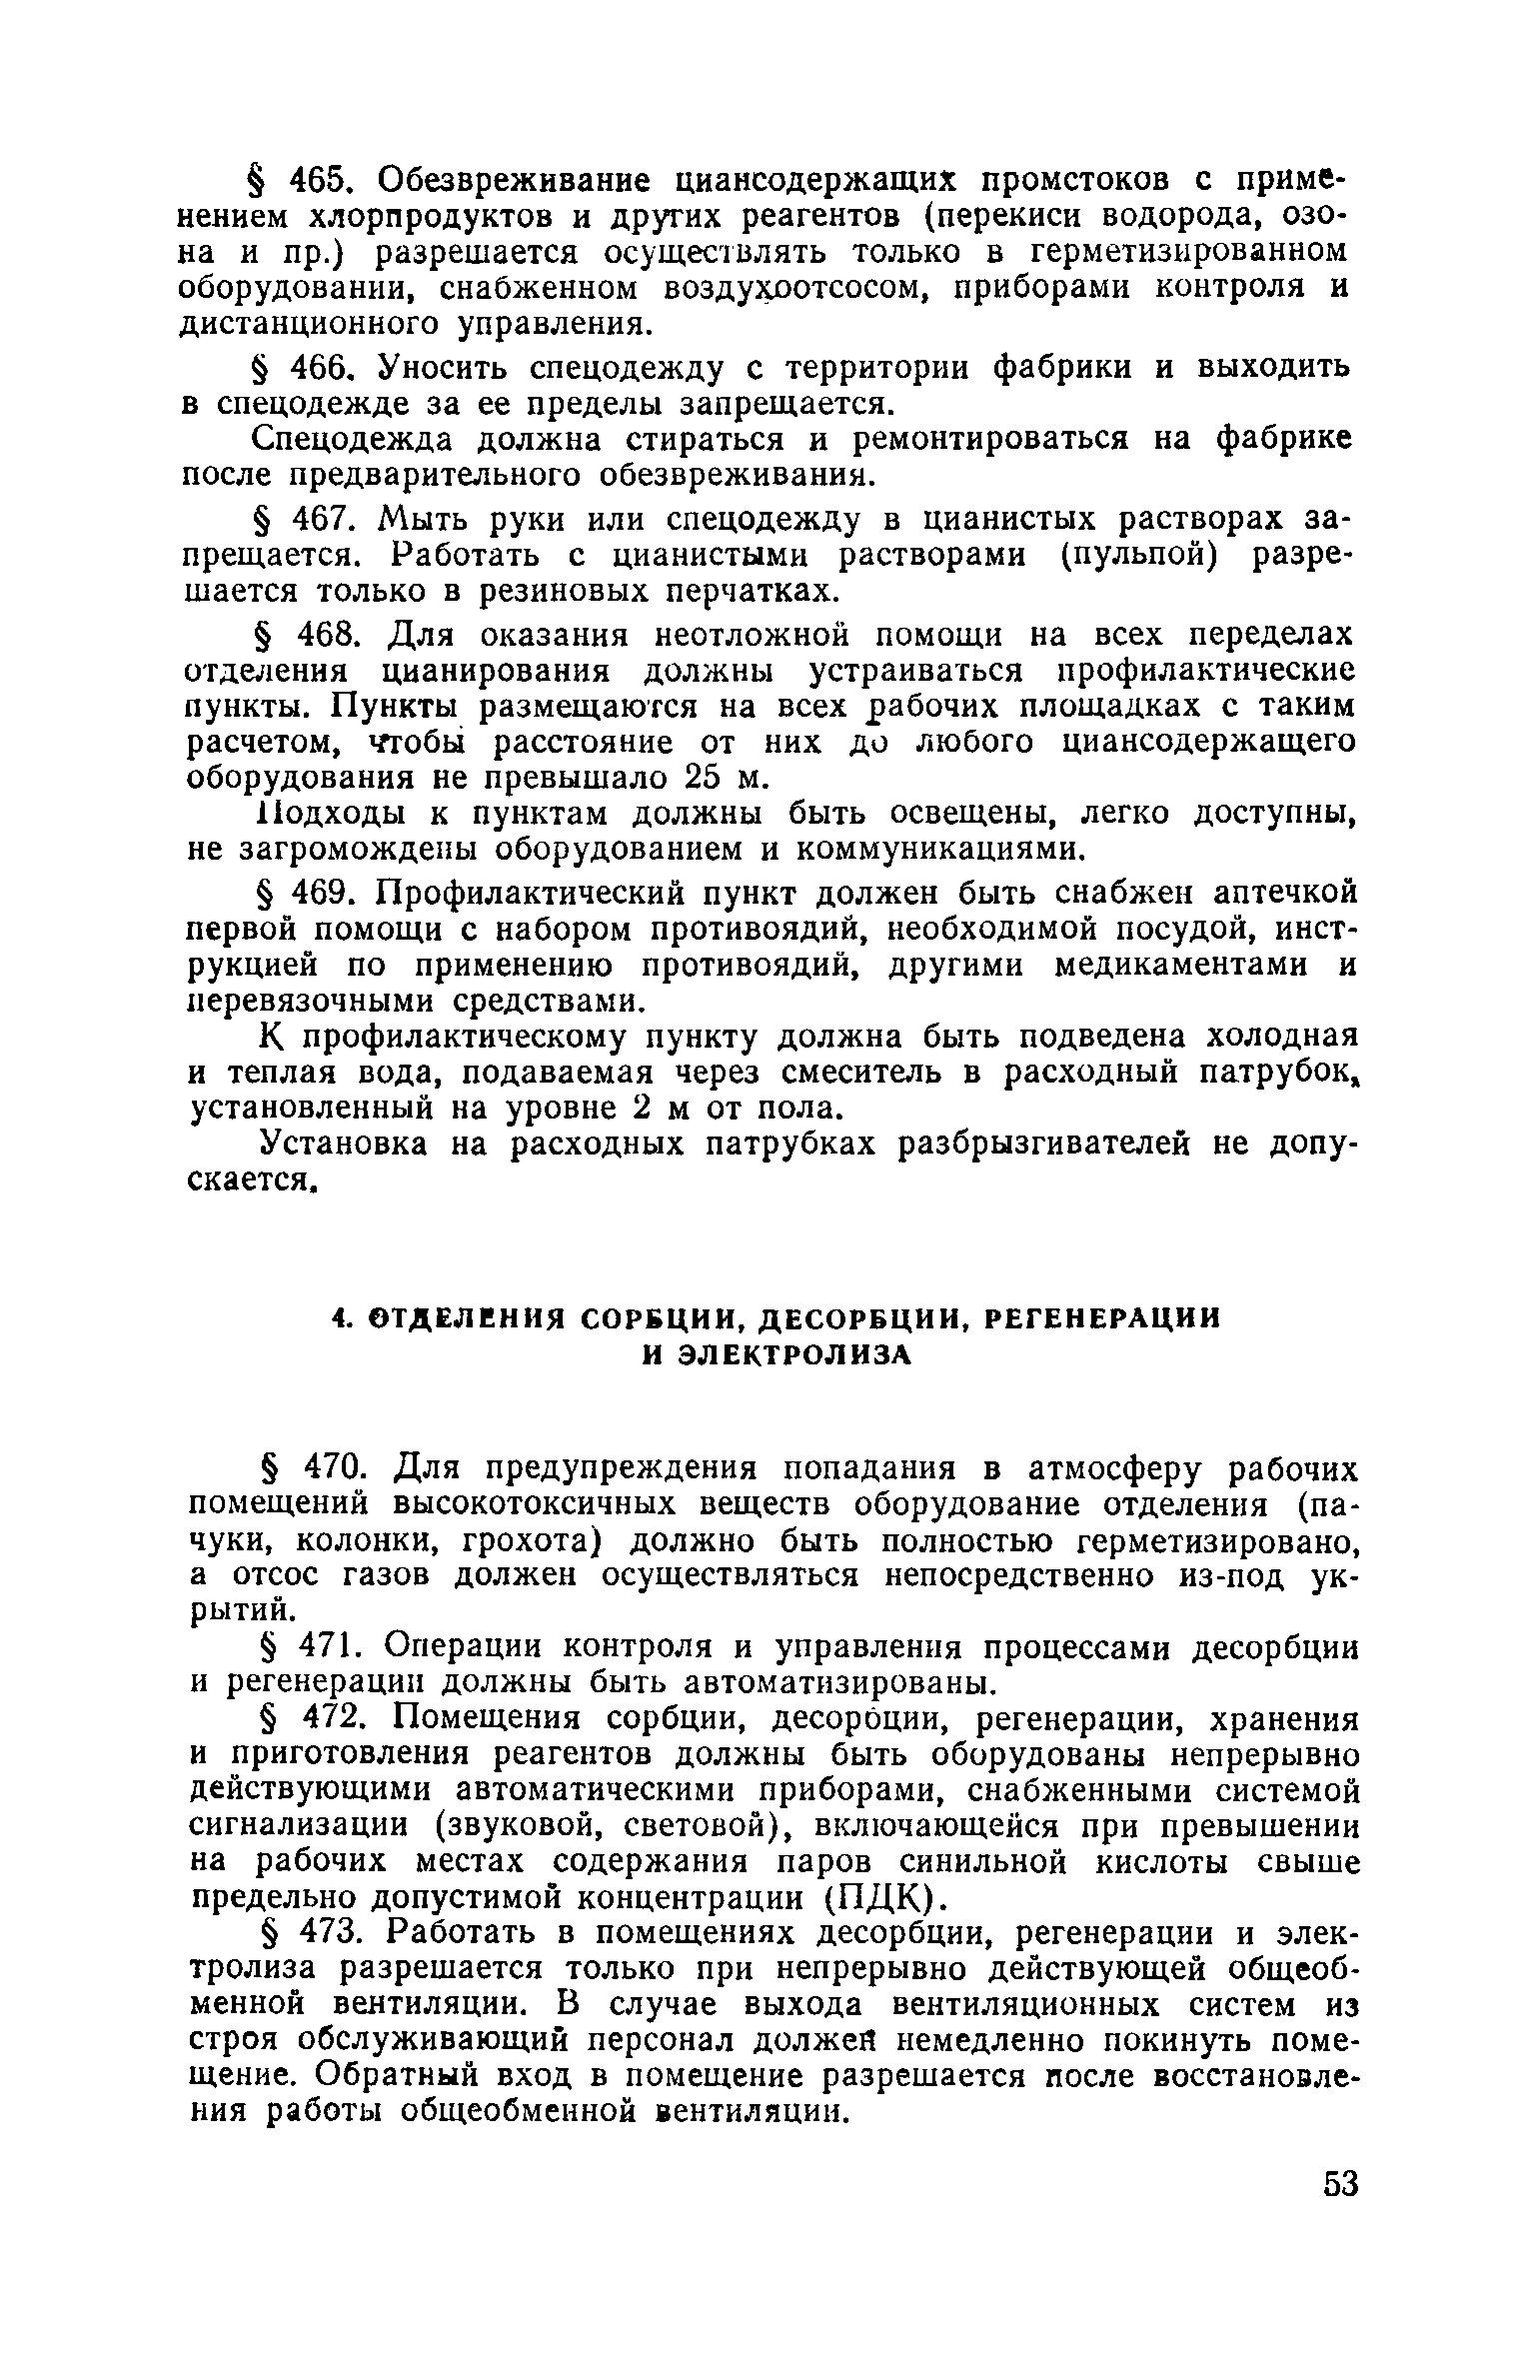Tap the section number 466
pos(319,368)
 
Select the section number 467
pos(319,520)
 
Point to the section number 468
pos(319,635)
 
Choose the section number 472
pos(319,1719)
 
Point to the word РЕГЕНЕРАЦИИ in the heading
pos(1103,1319)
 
